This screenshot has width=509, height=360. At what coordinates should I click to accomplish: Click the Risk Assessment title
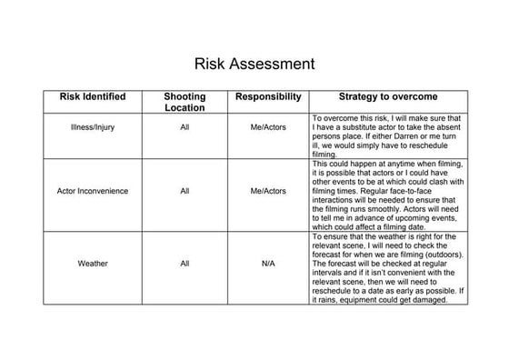click(254, 65)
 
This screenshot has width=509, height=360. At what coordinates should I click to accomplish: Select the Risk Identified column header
click(92, 96)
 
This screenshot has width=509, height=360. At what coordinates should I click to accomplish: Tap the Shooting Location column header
click(185, 102)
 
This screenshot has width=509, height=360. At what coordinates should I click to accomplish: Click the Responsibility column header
click(268, 96)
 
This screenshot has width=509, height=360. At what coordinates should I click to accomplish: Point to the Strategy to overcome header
click(388, 96)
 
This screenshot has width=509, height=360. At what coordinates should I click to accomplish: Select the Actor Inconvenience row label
click(92, 191)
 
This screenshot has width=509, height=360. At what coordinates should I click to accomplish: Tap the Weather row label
click(92, 264)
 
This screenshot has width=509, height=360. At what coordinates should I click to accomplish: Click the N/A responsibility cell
click(268, 264)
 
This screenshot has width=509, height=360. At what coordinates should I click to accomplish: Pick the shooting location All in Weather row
click(185, 264)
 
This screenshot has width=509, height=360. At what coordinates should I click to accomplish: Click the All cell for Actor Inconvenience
click(185, 191)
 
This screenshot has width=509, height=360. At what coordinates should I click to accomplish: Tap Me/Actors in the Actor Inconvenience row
click(268, 191)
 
